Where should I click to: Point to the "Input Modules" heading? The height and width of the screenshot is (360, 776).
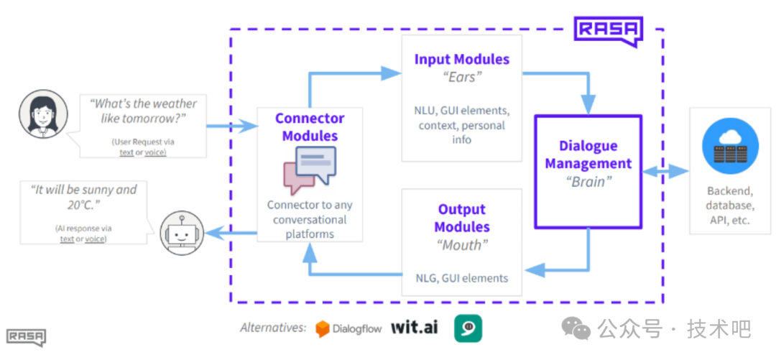(x=462, y=60)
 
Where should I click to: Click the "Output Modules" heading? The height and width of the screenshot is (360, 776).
(x=462, y=218)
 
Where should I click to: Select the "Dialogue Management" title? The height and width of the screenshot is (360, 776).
(x=588, y=154)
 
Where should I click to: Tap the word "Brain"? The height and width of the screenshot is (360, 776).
(x=588, y=182)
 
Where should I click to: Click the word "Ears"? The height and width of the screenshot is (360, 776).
(x=462, y=78)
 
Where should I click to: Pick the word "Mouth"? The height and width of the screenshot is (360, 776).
(x=462, y=244)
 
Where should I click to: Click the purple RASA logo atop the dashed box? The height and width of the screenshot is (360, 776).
(x=608, y=32)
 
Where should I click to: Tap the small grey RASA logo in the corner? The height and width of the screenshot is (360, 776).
(x=27, y=338)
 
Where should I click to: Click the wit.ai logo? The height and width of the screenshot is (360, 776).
(x=415, y=328)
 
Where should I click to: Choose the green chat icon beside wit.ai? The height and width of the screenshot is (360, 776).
(x=468, y=328)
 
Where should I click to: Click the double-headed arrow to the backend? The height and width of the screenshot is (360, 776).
(x=665, y=171)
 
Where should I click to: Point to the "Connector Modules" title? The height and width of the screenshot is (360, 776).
(x=310, y=126)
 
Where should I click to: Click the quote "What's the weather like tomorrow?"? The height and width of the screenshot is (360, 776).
(x=142, y=111)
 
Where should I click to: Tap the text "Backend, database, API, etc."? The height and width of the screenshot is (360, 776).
(x=730, y=205)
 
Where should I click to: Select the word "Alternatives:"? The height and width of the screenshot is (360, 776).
(x=273, y=328)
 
